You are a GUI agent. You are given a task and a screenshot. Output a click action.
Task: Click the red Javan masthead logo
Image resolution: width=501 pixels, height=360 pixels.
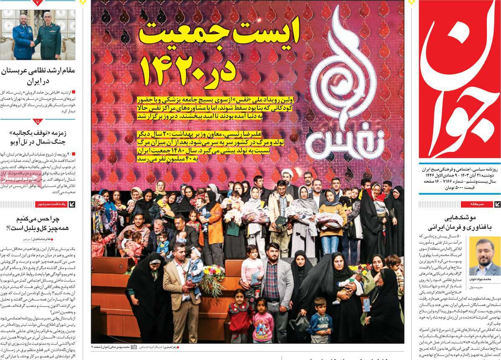click(459, 79)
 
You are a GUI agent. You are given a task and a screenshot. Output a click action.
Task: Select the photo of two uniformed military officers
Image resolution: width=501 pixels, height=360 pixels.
click(37, 35)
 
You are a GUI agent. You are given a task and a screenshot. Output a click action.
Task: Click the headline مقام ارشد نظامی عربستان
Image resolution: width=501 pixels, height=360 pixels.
click(38, 76)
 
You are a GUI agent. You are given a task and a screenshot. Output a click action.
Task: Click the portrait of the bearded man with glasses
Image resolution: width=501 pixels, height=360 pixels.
click(484, 256)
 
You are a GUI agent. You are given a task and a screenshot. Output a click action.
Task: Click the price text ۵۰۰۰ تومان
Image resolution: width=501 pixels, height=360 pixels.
click(438, 188)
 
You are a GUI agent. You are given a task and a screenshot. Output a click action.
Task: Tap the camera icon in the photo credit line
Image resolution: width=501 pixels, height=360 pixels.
click(134, 347)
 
